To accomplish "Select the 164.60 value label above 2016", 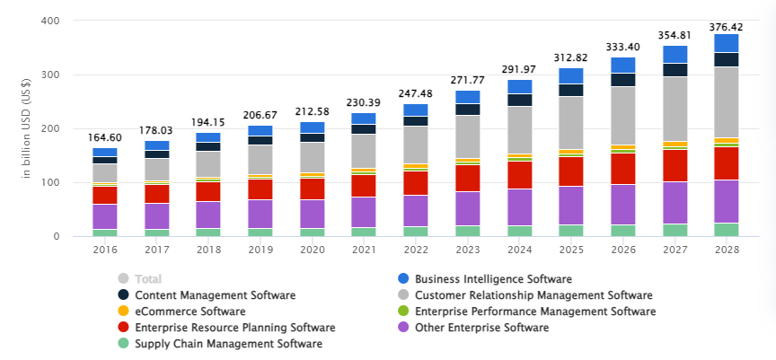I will point(105,137).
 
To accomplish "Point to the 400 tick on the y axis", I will point(51,21).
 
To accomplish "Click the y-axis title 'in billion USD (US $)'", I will point(27,128).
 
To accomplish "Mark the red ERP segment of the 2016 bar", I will point(105,195).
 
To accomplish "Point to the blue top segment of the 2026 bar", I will point(623,65).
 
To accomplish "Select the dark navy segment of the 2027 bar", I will point(675,70).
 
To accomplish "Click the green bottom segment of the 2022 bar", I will point(415,232).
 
